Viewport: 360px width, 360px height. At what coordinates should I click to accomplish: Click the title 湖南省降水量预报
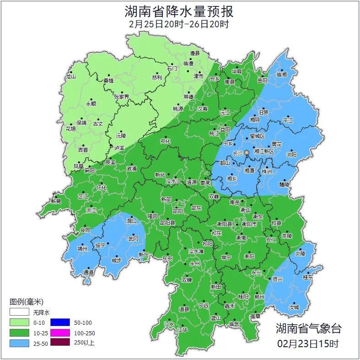point(179,11)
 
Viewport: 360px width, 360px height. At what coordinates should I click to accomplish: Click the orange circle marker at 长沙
point(247,152)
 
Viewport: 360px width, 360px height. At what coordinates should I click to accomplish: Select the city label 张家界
point(122,97)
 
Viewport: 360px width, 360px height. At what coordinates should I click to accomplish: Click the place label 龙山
point(70,77)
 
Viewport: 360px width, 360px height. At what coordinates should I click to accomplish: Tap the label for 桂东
point(308,277)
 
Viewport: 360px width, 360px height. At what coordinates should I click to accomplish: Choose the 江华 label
point(183,329)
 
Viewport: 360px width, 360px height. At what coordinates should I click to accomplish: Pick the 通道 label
point(88,272)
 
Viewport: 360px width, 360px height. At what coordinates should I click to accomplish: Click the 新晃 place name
point(56,201)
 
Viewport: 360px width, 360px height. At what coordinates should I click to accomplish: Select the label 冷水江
point(173,182)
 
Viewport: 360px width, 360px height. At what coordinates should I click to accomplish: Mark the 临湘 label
point(281,74)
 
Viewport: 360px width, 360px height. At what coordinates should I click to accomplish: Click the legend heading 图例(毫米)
point(26,301)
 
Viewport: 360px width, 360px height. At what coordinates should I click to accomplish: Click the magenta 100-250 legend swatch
point(60,333)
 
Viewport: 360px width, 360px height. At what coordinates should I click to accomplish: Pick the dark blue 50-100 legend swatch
point(60,322)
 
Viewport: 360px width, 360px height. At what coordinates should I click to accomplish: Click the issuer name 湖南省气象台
point(308,328)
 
